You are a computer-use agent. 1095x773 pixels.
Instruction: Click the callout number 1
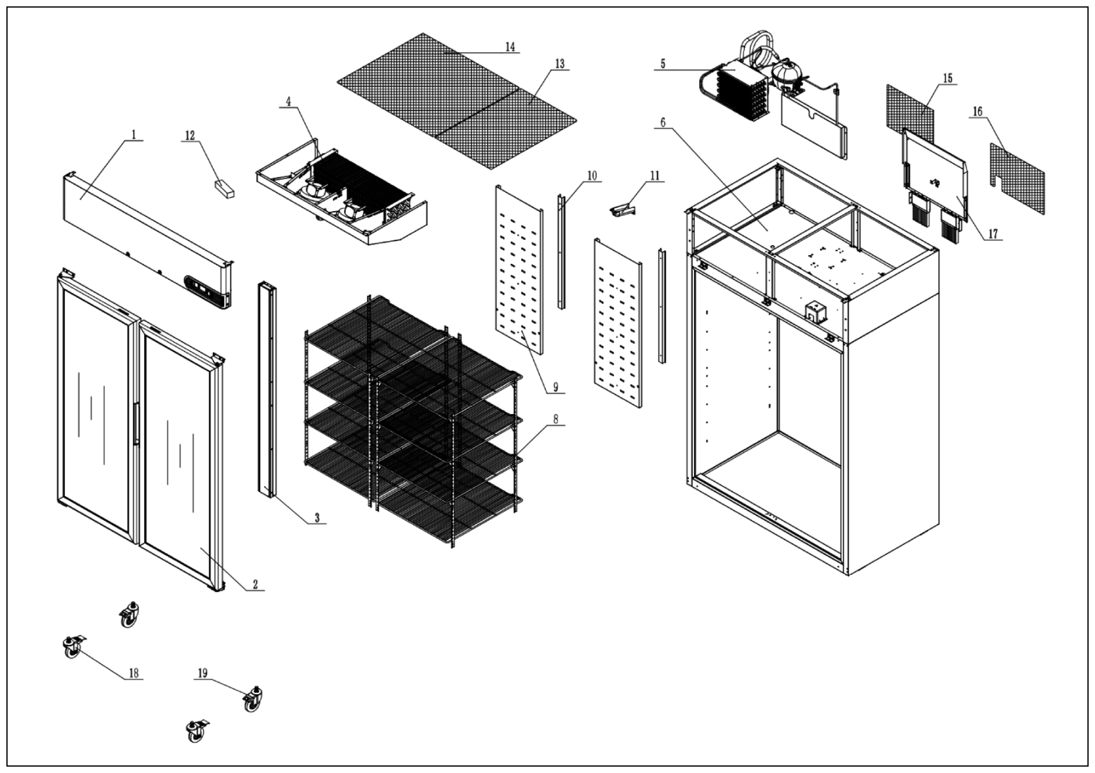[134, 135]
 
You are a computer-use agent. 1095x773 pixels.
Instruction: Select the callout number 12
[190, 136]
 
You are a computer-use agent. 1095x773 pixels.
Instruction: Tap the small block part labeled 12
[224, 189]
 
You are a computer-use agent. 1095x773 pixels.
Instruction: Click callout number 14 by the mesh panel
[510, 47]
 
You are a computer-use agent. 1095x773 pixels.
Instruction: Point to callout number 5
[663, 64]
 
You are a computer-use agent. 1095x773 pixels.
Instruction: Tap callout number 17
[992, 234]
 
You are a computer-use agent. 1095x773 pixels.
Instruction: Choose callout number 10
[591, 176]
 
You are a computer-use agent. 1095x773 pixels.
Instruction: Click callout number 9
[556, 387]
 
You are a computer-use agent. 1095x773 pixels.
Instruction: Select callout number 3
[317, 518]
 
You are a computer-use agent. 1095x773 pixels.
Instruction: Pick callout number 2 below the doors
[255, 584]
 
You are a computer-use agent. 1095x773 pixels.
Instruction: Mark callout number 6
[663, 123]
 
